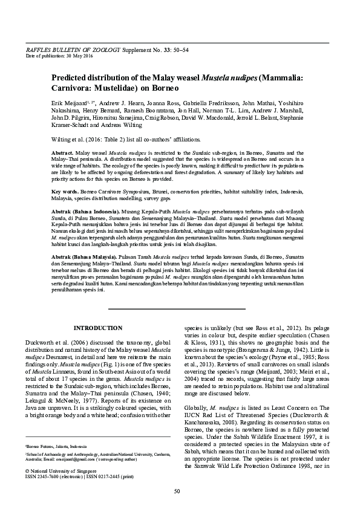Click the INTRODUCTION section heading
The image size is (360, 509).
pos(97,328)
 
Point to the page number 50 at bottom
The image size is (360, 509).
pos(177,491)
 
